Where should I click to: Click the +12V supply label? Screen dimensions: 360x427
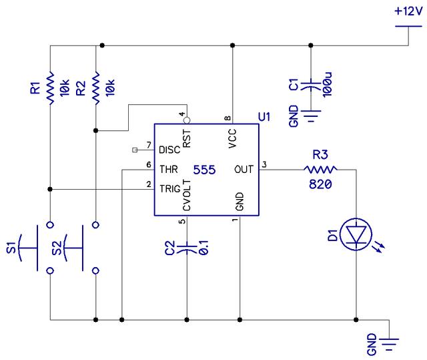(x=407, y=12)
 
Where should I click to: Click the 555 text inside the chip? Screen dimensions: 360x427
(x=203, y=170)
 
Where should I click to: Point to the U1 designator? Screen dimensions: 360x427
(x=264, y=118)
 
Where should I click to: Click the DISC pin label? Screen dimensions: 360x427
(x=170, y=150)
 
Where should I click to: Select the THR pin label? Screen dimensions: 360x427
(x=168, y=170)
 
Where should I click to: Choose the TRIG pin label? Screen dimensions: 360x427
(x=169, y=189)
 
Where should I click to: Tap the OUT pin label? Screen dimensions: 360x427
(x=244, y=170)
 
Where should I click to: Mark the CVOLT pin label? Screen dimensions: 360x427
(x=187, y=196)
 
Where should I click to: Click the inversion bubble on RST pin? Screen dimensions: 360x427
(x=187, y=120)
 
